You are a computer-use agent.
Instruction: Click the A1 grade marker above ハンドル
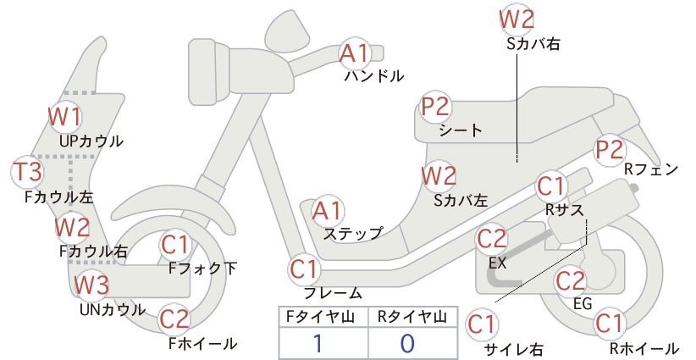pyautogui.click(x=354, y=53)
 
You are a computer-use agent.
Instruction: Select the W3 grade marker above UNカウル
pyautogui.click(x=91, y=285)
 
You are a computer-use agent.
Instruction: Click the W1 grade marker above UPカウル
pyautogui.click(x=65, y=117)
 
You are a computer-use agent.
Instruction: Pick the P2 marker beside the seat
pyautogui.click(x=435, y=107)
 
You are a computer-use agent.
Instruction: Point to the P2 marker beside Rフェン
pyautogui.click(x=610, y=150)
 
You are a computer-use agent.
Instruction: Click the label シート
pyautogui.click(x=461, y=130)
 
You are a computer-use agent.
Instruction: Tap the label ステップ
pyautogui.click(x=353, y=234)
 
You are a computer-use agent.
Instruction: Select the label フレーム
pyautogui.click(x=333, y=292)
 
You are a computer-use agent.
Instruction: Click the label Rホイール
pyautogui.click(x=644, y=348)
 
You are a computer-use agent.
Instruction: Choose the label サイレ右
pyautogui.click(x=514, y=349)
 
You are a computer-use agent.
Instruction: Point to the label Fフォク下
pyautogui.click(x=202, y=268)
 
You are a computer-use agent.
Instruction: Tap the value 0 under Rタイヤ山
pyautogui.click(x=407, y=343)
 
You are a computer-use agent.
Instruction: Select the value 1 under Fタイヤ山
pyautogui.click(x=318, y=343)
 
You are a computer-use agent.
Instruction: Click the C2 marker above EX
pyautogui.click(x=492, y=239)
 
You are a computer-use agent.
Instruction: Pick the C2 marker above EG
pyautogui.click(x=571, y=280)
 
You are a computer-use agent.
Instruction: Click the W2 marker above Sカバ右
pyautogui.click(x=516, y=19)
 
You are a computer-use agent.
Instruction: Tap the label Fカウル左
pyautogui.click(x=59, y=197)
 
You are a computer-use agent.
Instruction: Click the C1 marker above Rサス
pyautogui.click(x=550, y=186)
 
